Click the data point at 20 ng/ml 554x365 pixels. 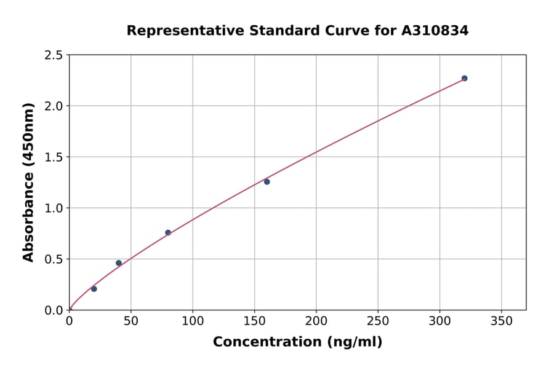pyautogui.click(x=94, y=289)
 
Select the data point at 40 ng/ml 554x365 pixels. pyautogui.click(x=119, y=263)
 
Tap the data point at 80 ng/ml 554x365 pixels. pyautogui.click(x=168, y=233)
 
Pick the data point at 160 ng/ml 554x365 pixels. pyautogui.click(x=267, y=182)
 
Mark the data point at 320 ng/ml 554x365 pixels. pyautogui.click(x=465, y=79)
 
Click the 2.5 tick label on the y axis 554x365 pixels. pyautogui.click(x=54, y=55)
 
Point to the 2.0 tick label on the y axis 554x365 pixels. pyautogui.click(x=54, y=106)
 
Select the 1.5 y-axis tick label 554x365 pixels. pyautogui.click(x=54, y=157)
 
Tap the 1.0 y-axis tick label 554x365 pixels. pyautogui.click(x=54, y=208)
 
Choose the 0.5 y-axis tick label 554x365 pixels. pyautogui.click(x=54, y=259)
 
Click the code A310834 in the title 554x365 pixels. pyautogui.click(x=435, y=31)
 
